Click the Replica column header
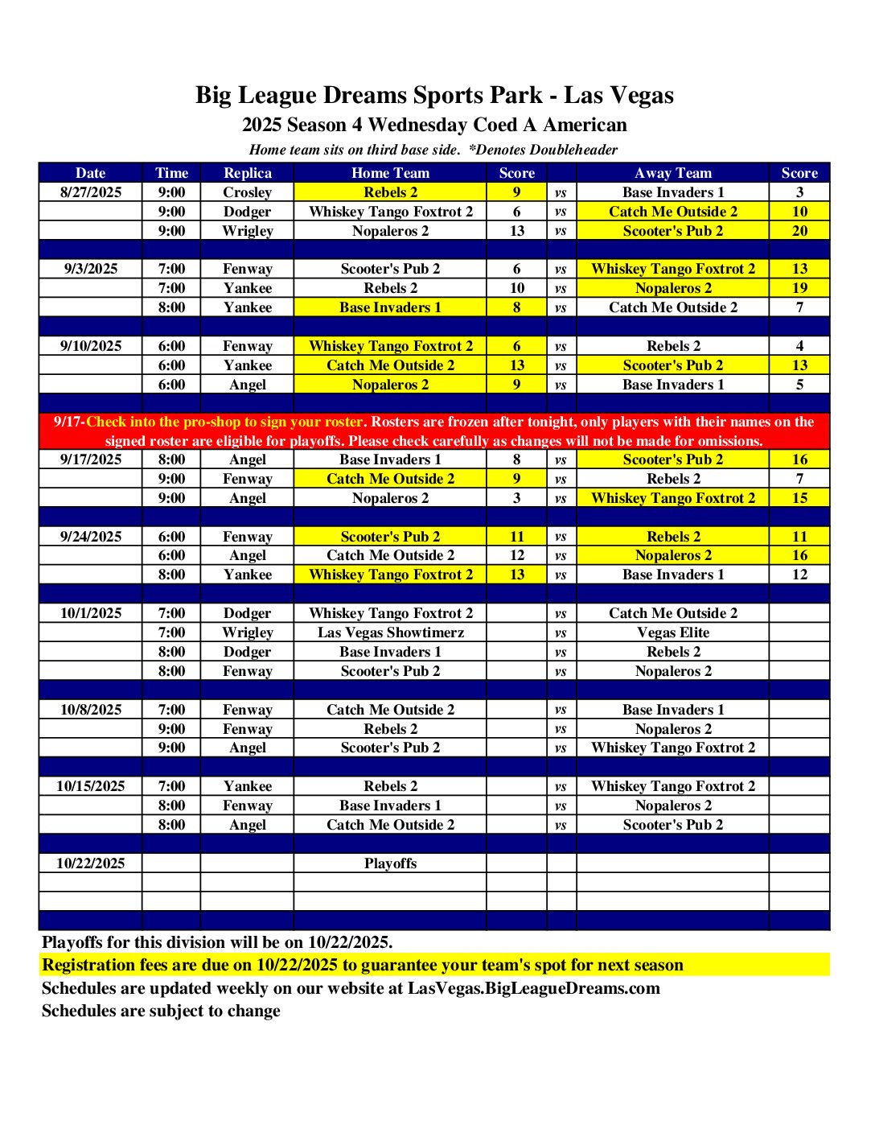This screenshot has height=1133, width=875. (x=247, y=173)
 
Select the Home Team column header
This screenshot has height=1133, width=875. (x=390, y=173)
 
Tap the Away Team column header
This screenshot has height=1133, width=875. (x=673, y=173)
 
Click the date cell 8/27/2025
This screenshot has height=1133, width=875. (x=91, y=192)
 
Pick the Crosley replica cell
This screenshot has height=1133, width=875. (x=247, y=192)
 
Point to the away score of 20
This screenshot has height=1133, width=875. (x=799, y=231)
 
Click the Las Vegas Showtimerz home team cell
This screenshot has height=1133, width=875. (x=390, y=632)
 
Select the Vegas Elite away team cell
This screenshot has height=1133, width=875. (x=673, y=632)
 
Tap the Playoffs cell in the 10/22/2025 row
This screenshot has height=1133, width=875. (x=390, y=863)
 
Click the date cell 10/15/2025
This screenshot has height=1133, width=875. (x=91, y=786)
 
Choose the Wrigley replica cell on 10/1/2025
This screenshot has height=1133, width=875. (x=247, y=632)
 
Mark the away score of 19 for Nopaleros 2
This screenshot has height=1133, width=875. (x=799, y=288)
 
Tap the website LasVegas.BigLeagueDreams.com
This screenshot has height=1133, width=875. (x=533, y=988)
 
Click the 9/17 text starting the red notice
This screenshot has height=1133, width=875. (x=68, y=422)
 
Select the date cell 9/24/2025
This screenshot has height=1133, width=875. (x=91, y=537)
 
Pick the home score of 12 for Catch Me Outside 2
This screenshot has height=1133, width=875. (x=516, y=555)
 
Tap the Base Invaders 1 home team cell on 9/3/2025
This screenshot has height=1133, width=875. (x=390, y=307)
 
